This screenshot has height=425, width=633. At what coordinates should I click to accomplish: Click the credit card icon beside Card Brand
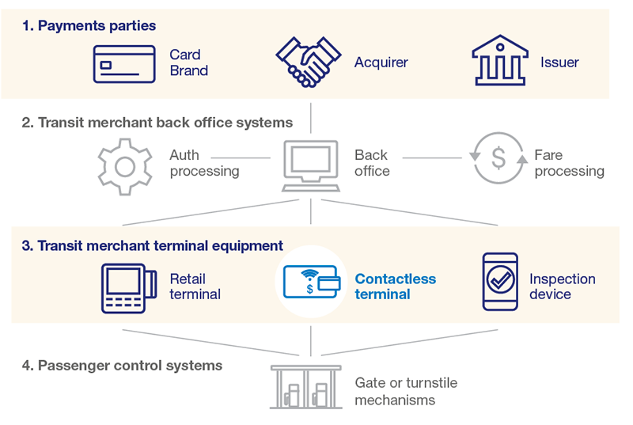coord(124,63)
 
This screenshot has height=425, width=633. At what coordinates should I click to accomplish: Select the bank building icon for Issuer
coord(499,61)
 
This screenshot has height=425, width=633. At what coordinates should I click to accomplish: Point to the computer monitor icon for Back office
coord(310,165)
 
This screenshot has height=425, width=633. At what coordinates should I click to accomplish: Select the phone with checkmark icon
coord(499,282)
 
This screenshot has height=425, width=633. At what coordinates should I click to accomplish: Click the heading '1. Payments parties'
coord(89,26)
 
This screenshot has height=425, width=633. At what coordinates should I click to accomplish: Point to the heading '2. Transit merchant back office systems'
coord(157,123)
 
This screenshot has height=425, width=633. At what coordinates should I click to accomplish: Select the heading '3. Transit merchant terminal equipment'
coord(152,246)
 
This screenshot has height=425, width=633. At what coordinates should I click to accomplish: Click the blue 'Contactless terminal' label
coord(395,286)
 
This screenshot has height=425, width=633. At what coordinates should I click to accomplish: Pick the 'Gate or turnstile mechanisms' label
coord(405,391)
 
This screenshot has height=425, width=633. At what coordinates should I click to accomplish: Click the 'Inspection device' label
coord(562,286)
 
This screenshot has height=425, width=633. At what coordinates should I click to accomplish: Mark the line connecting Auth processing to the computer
coord(241,157)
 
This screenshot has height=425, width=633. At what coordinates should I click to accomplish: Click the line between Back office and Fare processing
coord(431,157)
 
